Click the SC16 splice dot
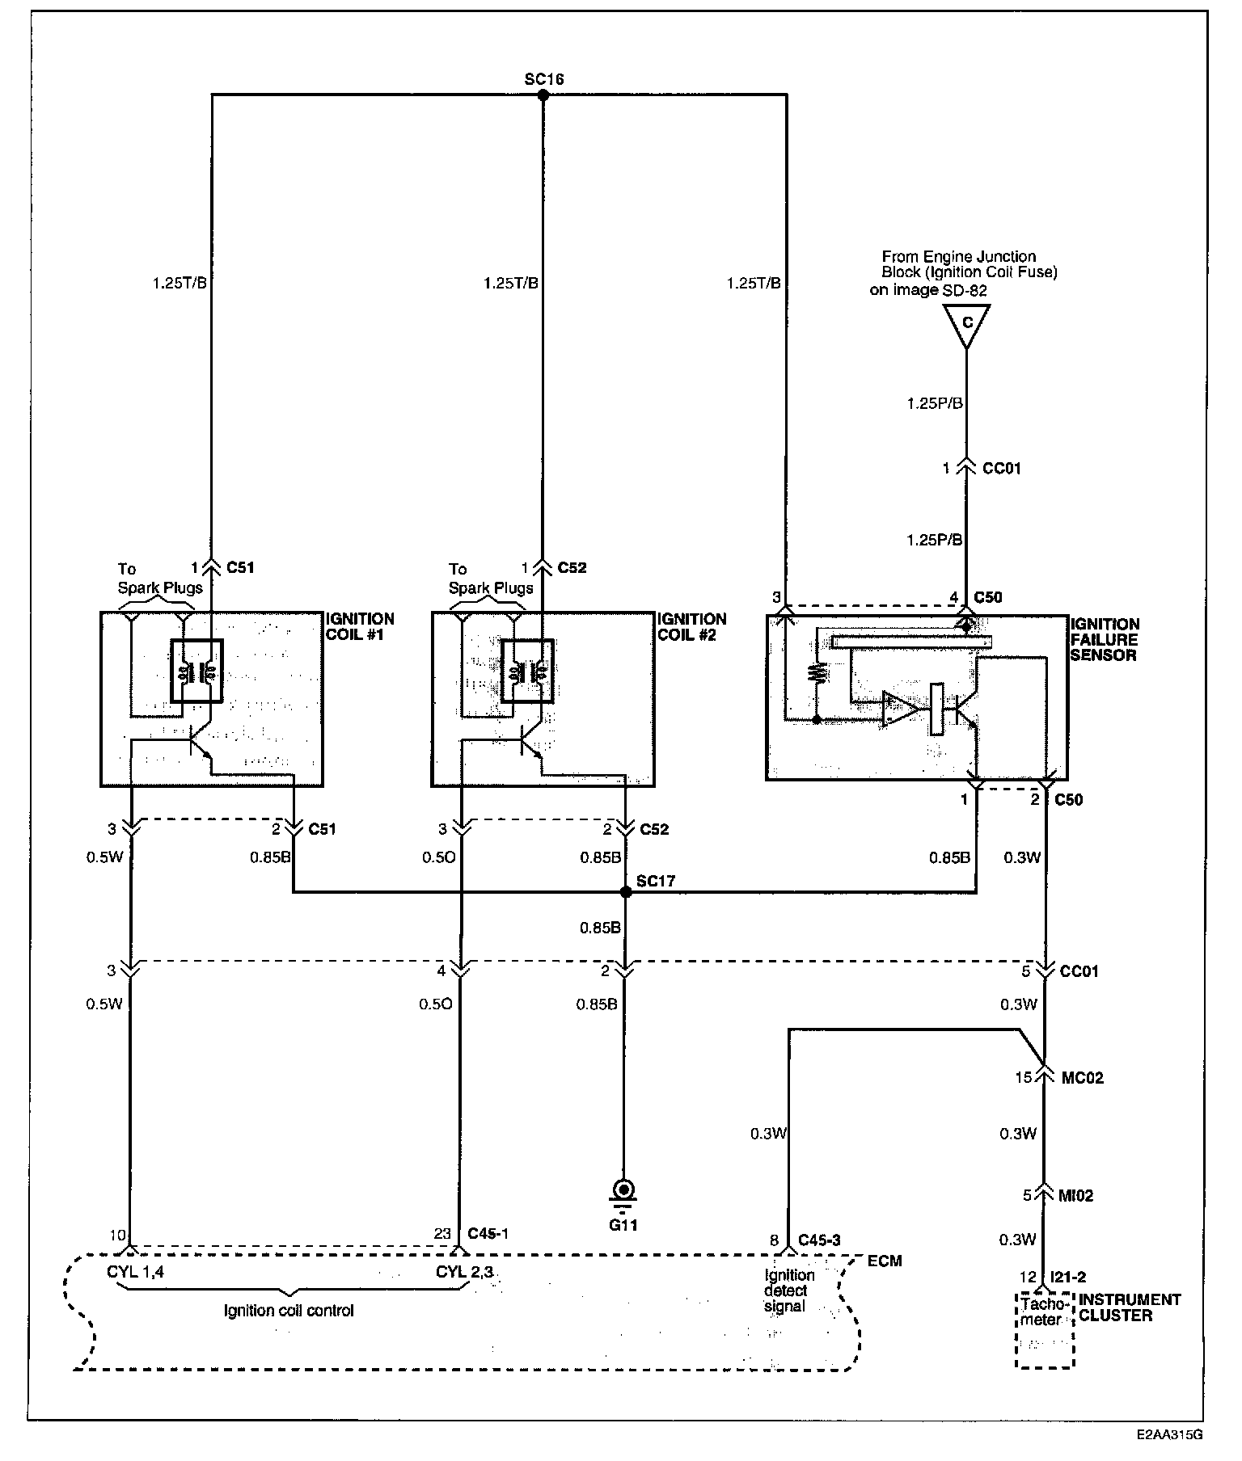point(543,95)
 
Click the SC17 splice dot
point(625,892)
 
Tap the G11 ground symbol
point(623,1193)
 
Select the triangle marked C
point(966,325)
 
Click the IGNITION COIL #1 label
point(360,626)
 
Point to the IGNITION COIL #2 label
point(691,626)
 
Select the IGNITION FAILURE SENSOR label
point(1105,639)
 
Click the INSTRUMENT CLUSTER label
point(1130,1307)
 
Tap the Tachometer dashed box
point(1045,1328)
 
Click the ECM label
point(885,1261)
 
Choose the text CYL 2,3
point(464,1271)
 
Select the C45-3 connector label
point(819,1240)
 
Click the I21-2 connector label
point(1067,1278)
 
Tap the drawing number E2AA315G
point(1169,1435)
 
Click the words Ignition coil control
point(289,1311)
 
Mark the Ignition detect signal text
point(788,1290)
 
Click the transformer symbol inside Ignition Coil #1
point(196,672)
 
